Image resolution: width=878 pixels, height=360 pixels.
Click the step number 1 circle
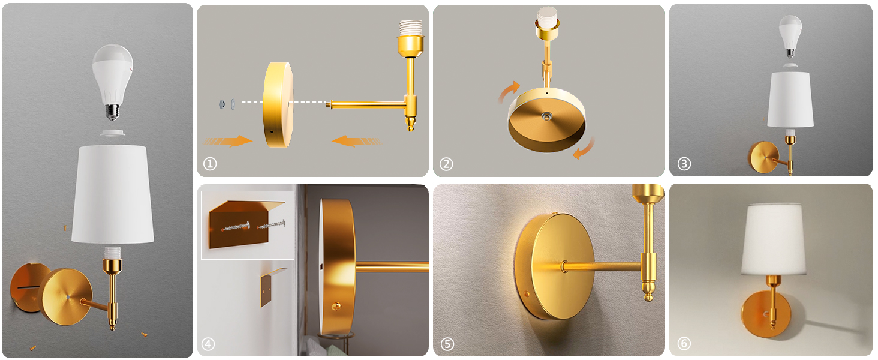tap(209, 164)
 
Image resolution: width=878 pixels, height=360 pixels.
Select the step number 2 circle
tap(446, 164)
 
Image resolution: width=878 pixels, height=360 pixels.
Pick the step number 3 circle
tap(684, 164)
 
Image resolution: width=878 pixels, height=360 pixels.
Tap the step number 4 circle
tap(208, 344)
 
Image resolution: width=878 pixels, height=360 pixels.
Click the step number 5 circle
tap(447, 344)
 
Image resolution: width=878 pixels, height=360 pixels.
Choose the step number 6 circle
tap(684, 344)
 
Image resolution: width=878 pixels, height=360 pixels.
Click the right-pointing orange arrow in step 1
tap(228, 141)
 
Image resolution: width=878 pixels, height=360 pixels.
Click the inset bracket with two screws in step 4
tap(247, 226)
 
